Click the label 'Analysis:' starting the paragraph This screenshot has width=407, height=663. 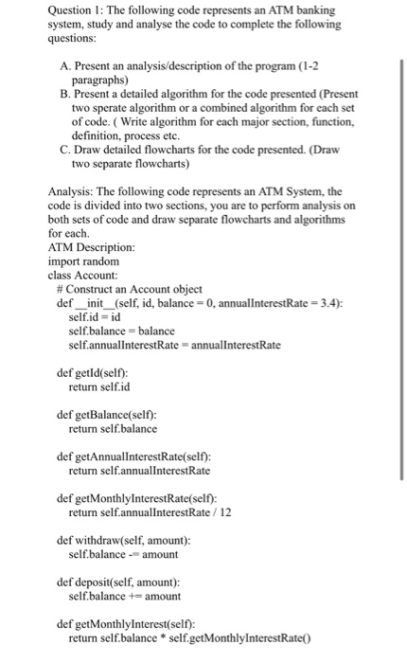click(x=71, y=191)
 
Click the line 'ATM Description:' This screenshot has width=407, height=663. click(x=90, y=247)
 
